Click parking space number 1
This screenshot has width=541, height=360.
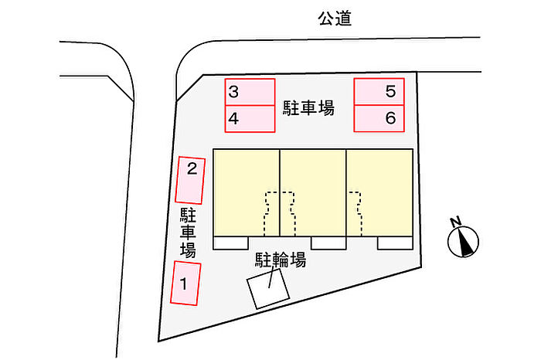pos(185,284)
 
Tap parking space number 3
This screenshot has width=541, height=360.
pos(249,92)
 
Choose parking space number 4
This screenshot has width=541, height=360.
pos(249,118)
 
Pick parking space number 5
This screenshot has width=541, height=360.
pos(379,92)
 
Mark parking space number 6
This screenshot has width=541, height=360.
pos(379,118)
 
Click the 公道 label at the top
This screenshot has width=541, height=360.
pos(334,19)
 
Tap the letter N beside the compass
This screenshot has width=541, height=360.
pos(456,223)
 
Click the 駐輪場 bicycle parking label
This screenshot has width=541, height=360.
pos(281,260)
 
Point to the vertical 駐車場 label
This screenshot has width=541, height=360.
pos(188,231)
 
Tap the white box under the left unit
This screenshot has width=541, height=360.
pos(230,243)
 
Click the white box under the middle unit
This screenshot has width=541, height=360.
pos(329,243)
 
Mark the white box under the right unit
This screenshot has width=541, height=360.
pos(395,243)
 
